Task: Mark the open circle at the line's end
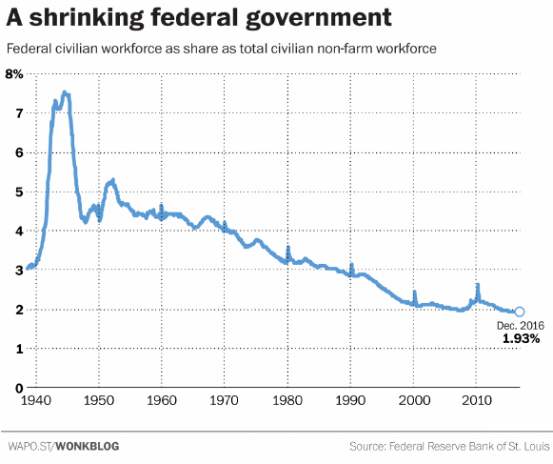pos(519,312)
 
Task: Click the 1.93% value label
pos(521,338)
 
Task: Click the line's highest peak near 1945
pos(64,92)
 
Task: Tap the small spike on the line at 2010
pos(478,285)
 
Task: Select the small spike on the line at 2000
pos(414,293)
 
